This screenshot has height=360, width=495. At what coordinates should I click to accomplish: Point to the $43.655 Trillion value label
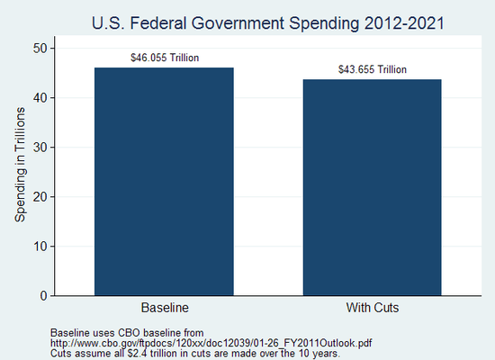373,69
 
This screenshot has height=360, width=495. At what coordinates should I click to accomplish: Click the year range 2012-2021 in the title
400,22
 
